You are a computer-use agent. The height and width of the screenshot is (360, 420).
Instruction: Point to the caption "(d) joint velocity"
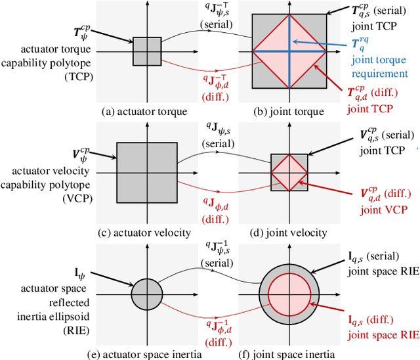(289, 233)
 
